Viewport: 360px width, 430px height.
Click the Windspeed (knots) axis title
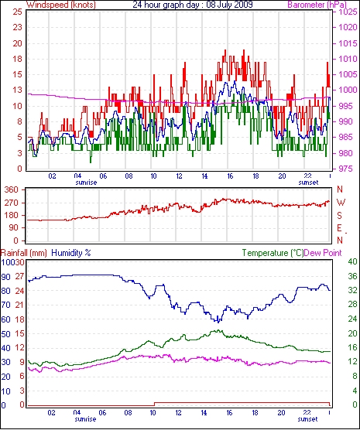click(x=61, y=5)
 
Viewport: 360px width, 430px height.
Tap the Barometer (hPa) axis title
click(x=317, y=5)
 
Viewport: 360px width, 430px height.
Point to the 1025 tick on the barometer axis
click(x=348, y=12)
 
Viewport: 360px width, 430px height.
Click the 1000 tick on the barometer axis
click(x=348, y=90)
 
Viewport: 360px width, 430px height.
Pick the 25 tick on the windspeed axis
click(x=17, y=12)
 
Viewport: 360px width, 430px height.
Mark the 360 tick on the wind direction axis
click(x=12, y=189)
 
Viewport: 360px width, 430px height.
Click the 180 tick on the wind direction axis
click(x=12, y=215)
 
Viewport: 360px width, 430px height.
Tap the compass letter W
click(x=341, y=203)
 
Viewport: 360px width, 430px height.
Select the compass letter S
click(x=340, y=216)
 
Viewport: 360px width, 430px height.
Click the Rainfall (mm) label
click(x=24, y=253)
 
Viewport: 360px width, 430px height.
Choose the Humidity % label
click(x=71, y=253)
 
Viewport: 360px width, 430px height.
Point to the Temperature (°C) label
click(x=273, y=253)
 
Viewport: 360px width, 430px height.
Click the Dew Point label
click(x=323, y=253)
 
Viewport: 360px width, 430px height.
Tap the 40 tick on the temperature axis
click(x=352, y=261)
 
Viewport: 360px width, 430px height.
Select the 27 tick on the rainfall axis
click(x=20, y=276)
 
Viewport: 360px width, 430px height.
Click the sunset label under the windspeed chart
click(x=308, y=183)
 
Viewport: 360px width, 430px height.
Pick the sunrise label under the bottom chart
click(x=85, y=419)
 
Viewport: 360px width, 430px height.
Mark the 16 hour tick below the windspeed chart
click(x=230, y=176)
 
